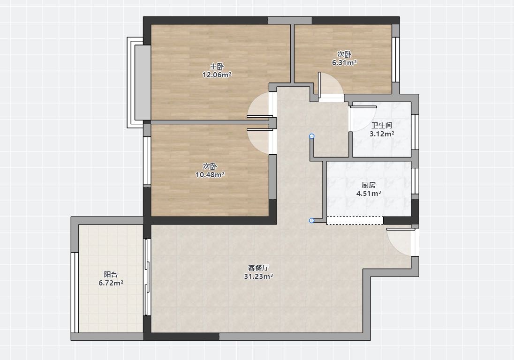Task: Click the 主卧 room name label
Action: coord(217,67)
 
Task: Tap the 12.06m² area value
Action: coord(217,75)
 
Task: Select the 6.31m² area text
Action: coord(344,62)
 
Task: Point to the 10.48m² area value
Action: coord(210,174)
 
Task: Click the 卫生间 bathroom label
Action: coord(382,126)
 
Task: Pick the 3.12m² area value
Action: coord(382,134)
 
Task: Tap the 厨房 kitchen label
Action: coord(369,185)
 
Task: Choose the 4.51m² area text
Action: coord(369,193)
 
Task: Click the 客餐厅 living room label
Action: coord(258,268)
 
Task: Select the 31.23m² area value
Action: coord(258,277)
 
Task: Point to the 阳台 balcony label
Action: coord(111,275)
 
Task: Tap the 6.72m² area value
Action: coord(111,283)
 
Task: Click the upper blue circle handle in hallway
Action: coord(312,136)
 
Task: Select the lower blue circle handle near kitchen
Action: coord(312,220)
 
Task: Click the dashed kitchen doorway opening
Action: coord(355,220)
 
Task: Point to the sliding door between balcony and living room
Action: coord(148,277)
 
